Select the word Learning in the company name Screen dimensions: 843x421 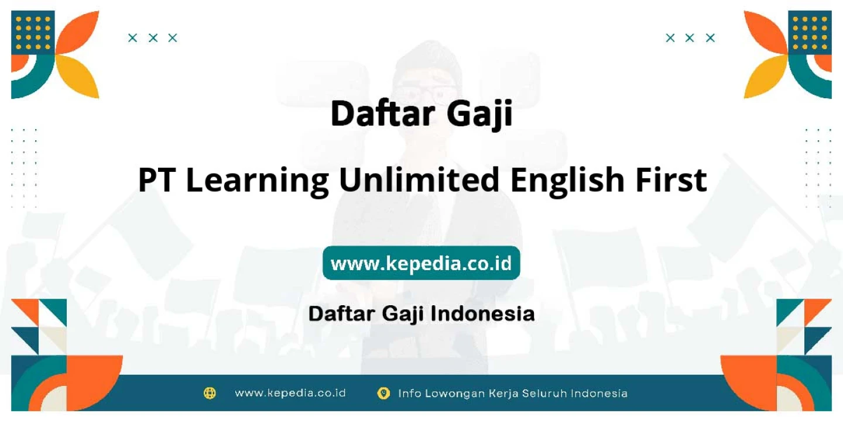coord(258,182)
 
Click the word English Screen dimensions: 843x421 coord(567,182)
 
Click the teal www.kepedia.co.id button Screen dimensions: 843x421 coord(421,263)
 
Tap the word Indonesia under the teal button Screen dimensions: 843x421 coord(482,313)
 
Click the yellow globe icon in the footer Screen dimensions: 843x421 coord(210,393)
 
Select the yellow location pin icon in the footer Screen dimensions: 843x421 coord(383,393)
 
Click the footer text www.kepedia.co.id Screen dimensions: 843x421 coord(290,393)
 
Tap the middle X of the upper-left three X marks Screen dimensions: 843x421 coord(153,37)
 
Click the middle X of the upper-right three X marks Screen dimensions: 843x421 coord(690,37)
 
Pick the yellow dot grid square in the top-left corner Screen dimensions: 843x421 coord(33,32)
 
